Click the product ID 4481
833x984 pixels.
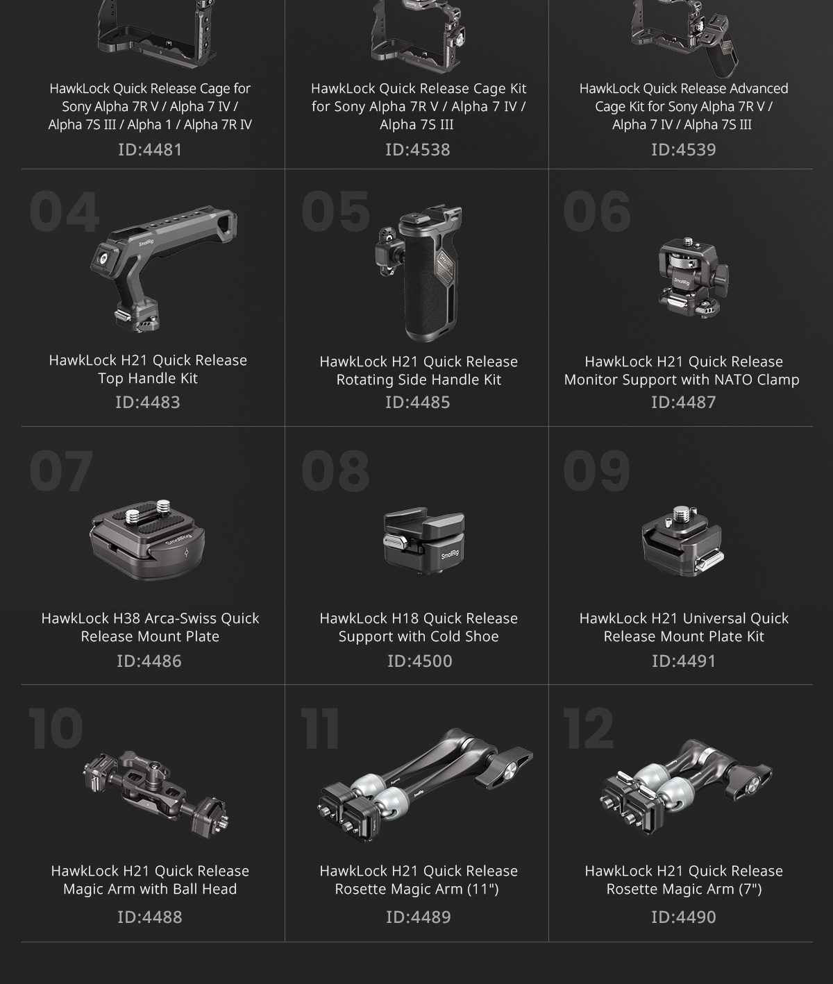pos(150,149)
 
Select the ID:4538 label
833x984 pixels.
pos(418,149)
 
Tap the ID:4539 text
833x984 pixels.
pos(684,149)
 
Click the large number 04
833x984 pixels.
pos(65,212)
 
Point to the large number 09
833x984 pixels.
pos(597,470)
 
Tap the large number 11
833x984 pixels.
pos(320,729)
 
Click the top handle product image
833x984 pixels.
pos(163,268)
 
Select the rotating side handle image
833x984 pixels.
pos(419,273)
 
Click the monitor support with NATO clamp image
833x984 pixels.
pos(693,278)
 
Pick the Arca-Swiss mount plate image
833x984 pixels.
pos(147,540)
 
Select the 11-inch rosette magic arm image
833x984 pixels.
pos(426,786)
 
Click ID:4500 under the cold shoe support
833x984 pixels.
pos(419,661)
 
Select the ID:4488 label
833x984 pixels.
pos(150,917)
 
